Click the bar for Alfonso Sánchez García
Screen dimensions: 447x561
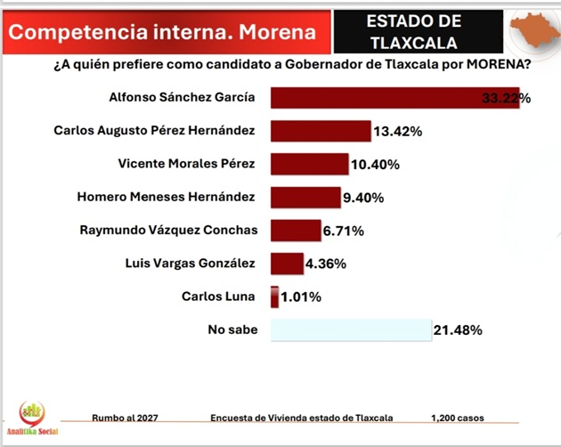point(392,98)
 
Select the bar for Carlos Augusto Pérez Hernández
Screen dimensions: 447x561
point(320,131)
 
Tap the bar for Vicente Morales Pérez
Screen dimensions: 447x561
point(309,164)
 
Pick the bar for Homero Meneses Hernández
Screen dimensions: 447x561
point(305,197)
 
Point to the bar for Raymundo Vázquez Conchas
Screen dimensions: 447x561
point(295,230)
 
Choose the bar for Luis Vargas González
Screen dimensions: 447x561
point(287,263)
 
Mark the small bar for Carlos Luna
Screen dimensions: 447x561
point(274,297)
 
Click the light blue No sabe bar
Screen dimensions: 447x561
point(351,329)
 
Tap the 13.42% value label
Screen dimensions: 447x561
point(398,132)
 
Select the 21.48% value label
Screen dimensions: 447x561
point(458,330)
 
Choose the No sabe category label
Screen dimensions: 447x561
point(232,329)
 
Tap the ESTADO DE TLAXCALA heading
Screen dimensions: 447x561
point(415,31)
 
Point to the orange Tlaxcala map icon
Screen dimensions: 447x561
point(531,31)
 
